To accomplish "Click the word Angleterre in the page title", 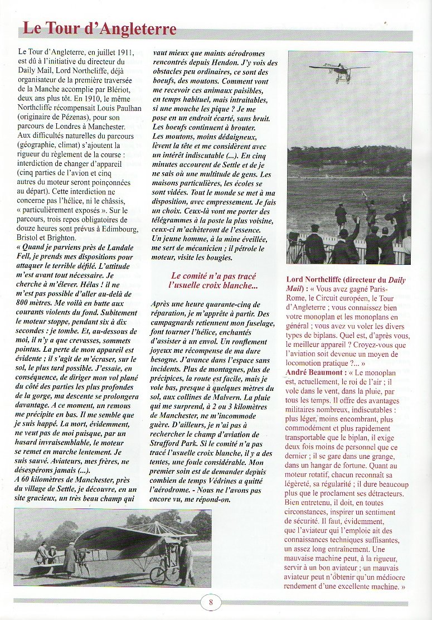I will click(x=132, y=28).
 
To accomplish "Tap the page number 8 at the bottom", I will click(x=211, y=602).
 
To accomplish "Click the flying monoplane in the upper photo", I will click(x=339, y=70).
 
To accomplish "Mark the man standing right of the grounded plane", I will click(x=186, y=561).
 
